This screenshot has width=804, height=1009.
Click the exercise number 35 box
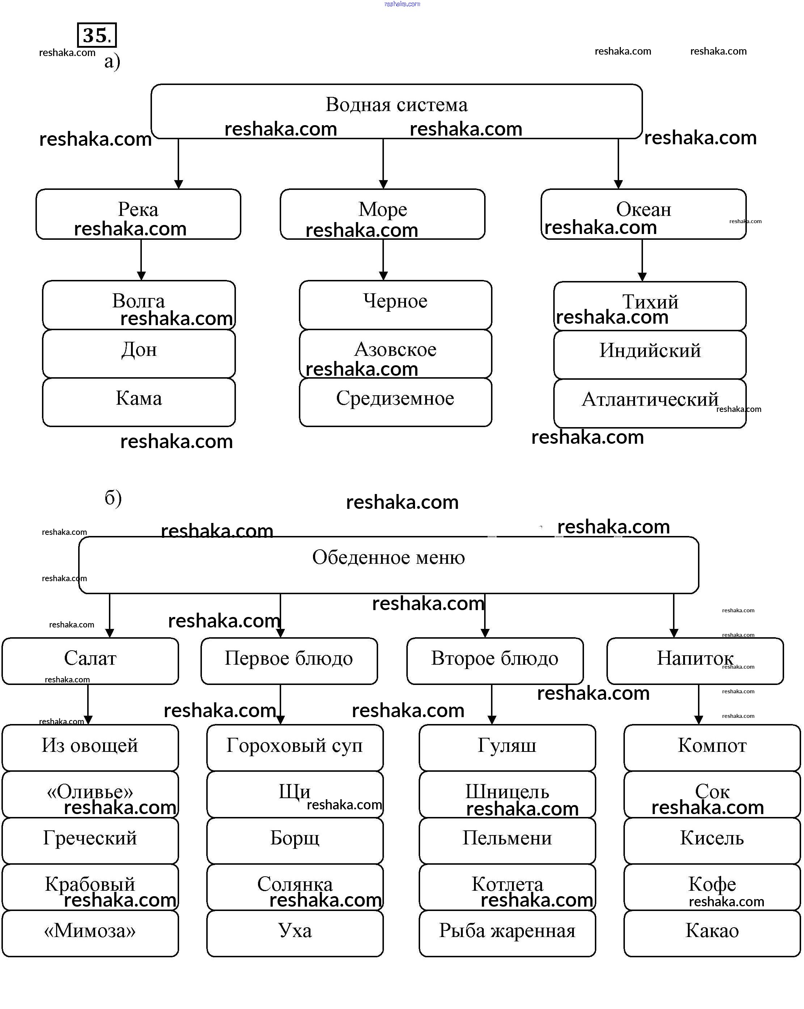pyautogui.click(x=97, y=35)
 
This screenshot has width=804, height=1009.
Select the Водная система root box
pyautogui.click(x=396, y=111)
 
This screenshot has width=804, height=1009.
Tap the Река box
pyautogui.click(x=138, y=214)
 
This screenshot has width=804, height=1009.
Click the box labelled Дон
pyautogui.click(x=139, y=353)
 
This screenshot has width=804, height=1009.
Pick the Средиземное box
pyautogui.click(x=395, y=402)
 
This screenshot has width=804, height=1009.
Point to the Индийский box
pyautogui.click(x=649, y=354)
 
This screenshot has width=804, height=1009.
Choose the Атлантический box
pyautogui.click(x=649, y=403)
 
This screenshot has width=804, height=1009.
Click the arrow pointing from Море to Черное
pyautogui.click(x=383, y=260)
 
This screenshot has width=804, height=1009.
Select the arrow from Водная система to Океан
pyautogui.click(x=618, y=164)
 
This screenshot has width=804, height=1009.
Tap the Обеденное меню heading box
pyautogui.click(x=389, y=565)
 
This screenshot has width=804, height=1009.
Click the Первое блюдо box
pyautogui.click(x=289, y=660)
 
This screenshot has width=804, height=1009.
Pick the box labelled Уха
pyautogui.click(x=295, y=933)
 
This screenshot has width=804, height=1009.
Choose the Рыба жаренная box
pyautogui.click(x=507, y=933)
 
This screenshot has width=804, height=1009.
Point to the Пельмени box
pyautogui.click(x=507, y=840)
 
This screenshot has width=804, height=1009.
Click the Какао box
pyautogui.click(x=712, y=933)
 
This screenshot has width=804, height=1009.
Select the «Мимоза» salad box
pyautogui.click(x=90, y=933)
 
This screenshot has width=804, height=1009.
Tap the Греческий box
pyautogui.click(x=90, y=840)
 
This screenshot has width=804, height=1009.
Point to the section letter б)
pyautogui.click(x=113, y=498)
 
